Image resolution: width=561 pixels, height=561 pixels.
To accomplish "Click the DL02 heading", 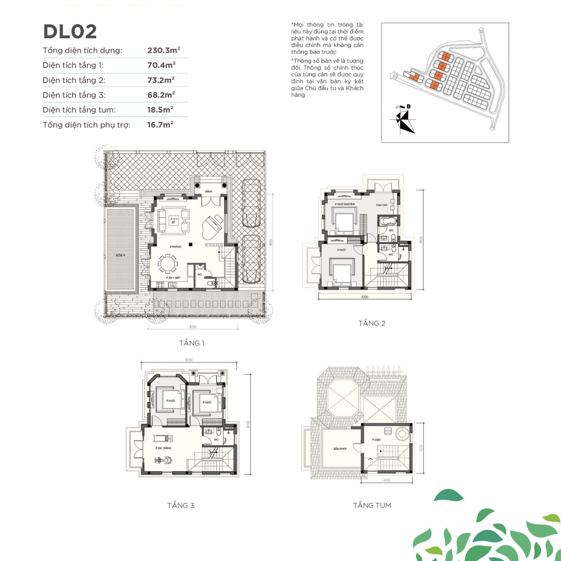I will pos(70,32).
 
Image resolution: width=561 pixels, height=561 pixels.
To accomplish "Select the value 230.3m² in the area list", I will pos(163,50).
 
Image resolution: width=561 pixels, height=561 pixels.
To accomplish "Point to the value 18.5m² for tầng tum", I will pos(160,110).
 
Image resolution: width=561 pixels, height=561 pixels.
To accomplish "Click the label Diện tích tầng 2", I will pos(74,80).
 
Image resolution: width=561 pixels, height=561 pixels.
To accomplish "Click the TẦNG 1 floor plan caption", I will pos(192,343).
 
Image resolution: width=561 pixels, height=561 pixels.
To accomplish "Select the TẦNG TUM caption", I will pos(372,505).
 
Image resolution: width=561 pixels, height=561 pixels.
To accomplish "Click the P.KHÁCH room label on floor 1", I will pos(175,246).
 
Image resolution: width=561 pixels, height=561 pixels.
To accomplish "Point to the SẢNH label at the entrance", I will pos(209,191).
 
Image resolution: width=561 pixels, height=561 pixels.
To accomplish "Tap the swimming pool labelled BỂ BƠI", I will pos(120,250).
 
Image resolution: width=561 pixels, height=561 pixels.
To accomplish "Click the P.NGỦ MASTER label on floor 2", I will pos(345,204).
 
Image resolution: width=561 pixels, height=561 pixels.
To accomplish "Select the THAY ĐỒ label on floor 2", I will pos(381,205).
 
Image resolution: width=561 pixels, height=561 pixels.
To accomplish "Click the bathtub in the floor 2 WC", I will pos(388,222).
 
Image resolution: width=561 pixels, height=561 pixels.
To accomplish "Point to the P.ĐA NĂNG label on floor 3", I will pos(163,448).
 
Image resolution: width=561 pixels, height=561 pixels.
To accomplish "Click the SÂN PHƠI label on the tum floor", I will pos(340,449).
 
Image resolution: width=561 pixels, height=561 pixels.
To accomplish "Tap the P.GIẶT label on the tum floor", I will pos(376,440).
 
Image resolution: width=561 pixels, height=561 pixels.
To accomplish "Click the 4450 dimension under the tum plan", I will pos(386,480).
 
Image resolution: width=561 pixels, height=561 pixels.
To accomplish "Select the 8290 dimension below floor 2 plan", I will pos(365,297).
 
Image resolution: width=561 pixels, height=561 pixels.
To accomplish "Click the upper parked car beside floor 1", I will pos(251,203).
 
